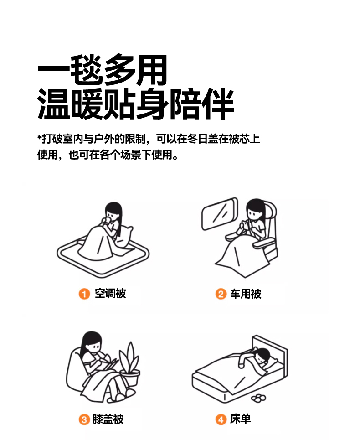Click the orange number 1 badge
84,294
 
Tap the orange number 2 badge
221,294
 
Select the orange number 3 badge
84,419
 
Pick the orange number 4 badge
221,419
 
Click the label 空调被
110,294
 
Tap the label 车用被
246,294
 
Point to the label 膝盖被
108,419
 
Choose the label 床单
240,419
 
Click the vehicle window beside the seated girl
220,214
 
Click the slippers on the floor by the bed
258,398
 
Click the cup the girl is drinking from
107,220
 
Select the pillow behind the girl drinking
124,237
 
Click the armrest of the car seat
264,243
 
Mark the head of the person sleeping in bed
263,356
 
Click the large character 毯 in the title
86,69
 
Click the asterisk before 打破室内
40,137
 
